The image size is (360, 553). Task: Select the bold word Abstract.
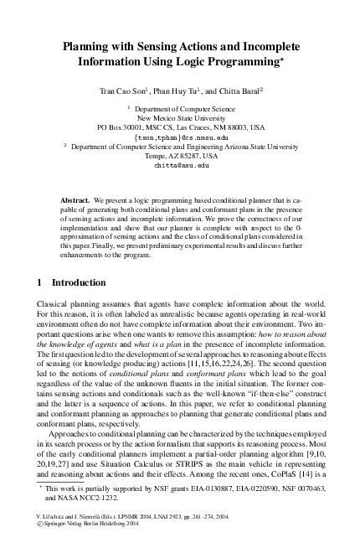76,202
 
